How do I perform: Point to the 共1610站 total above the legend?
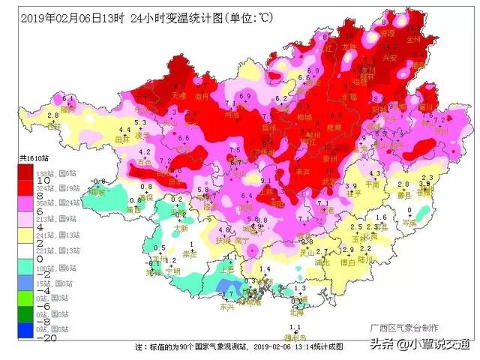[33, 157]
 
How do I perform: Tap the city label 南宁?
[241, 241]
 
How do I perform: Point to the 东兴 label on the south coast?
[227, 307]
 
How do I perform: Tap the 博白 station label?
[346, 262]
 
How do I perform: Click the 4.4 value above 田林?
[125, 130]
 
